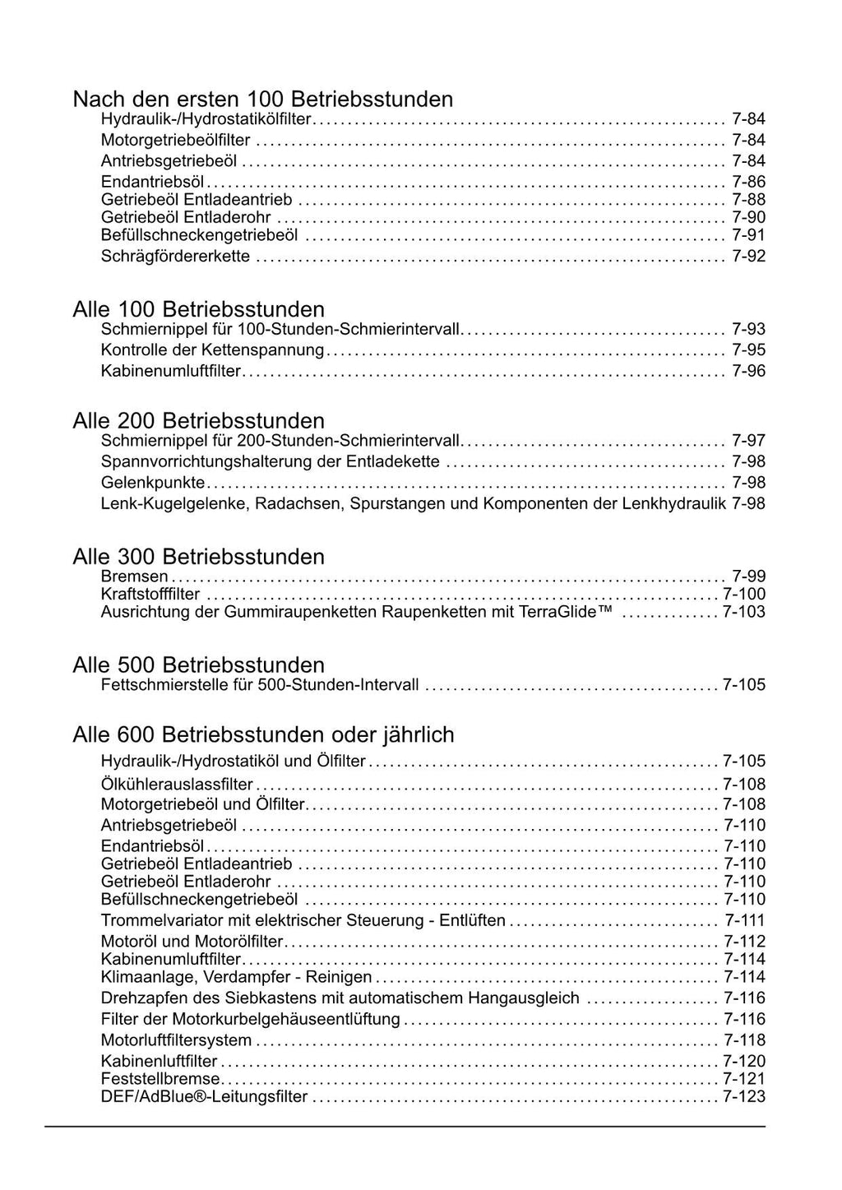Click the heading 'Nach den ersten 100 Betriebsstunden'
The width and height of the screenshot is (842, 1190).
pyautogui.click(x=263, y=100)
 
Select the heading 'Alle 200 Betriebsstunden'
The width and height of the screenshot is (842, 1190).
pyautogui.click(x=198, y=421)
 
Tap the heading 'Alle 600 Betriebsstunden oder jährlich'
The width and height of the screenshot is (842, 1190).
pyautogui.click(x=263, y=734)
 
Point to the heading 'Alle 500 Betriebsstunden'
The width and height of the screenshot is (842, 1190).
pyautogui.click(x=198, y=664)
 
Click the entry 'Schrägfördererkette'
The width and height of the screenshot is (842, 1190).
pyautogui.click(x=175, y=257)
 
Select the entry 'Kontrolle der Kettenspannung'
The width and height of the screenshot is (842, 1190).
pyautogui.click(x=212, y=350)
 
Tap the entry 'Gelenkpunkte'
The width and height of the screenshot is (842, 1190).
pyautogui.click(x=152, y=482)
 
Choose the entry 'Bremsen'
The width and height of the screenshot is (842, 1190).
pyautogui.click(x=134, y=576)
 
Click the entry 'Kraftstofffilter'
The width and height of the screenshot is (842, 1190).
pyautogui.click(x=150, y=594)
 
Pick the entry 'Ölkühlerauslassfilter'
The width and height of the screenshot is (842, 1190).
pyautogui.click(x=177, y=785)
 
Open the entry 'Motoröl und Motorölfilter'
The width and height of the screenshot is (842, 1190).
pyautogui.click(x=192, y=942)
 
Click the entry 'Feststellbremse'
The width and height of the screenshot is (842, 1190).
pyautogui.click(x=160, y=1079)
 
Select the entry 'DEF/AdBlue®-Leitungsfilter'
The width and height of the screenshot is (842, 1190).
pyautogui.click(x=204, y=1097)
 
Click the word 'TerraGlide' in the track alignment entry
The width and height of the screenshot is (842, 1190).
pyautogui.click(x=567, y=612)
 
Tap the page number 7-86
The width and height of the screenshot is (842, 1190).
pyautogui.click(x=748, y=182)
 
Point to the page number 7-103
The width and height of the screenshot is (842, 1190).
pyautogui.click(x=743, y=612)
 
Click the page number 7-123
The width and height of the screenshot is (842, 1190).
pyautogui.click(x=743, y=1097)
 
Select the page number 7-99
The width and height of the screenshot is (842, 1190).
pyautogui.click(x=748, y=576)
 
